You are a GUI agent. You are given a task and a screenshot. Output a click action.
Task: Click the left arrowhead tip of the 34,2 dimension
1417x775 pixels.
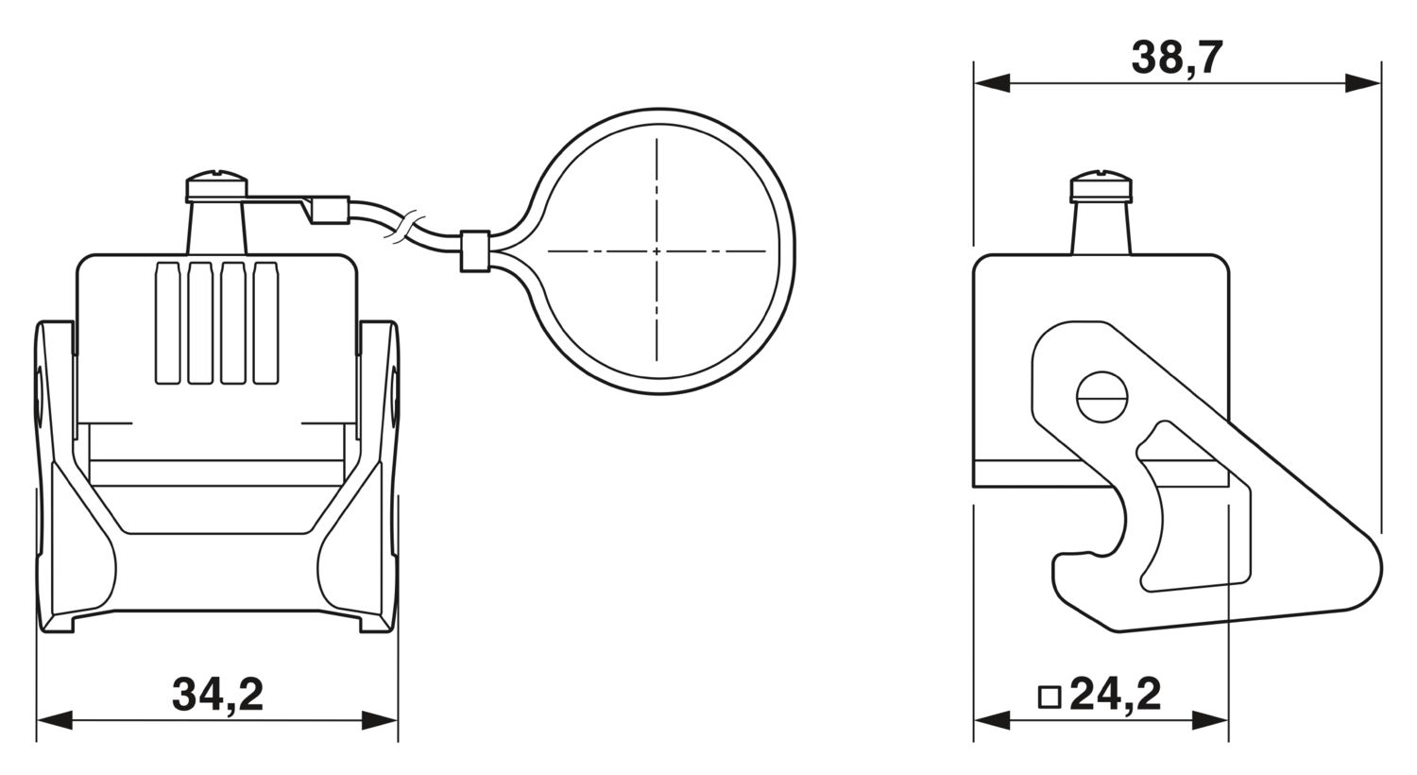coord(37,720)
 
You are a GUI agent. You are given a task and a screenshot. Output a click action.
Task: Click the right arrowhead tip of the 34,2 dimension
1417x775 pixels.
coord(398,720)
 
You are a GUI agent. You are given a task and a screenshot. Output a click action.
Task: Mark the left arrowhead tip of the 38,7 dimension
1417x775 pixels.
coord(974,83)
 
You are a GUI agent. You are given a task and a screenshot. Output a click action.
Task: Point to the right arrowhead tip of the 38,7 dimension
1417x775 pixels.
coord(1381,83)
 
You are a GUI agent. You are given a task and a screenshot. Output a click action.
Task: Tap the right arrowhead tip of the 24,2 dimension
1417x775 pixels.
coord(1228,720)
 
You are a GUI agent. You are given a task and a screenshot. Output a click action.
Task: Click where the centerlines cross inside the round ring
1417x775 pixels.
coord(657,251)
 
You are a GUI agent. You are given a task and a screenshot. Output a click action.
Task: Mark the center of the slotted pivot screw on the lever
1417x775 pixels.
coord(1102,397)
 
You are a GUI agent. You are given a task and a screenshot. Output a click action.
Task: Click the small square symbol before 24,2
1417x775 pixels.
coord(1050,697)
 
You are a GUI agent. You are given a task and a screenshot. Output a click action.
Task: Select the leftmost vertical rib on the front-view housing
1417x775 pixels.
coord(167,322)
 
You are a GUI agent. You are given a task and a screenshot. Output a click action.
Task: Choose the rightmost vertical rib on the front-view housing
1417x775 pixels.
coord(265,322)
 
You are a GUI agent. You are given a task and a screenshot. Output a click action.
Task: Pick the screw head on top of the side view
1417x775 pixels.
coord(1101,186)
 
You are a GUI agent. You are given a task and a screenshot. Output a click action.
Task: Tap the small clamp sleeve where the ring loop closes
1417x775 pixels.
coord(475,251)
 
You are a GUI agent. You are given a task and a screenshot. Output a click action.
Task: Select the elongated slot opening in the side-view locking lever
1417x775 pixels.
coord(1194,508)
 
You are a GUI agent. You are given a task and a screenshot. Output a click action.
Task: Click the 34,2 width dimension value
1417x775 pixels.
coord(217,696)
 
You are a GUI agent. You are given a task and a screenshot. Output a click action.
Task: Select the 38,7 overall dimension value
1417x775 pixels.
coord(1177,59)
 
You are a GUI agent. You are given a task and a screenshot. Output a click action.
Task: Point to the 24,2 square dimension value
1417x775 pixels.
coord(1117,696)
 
